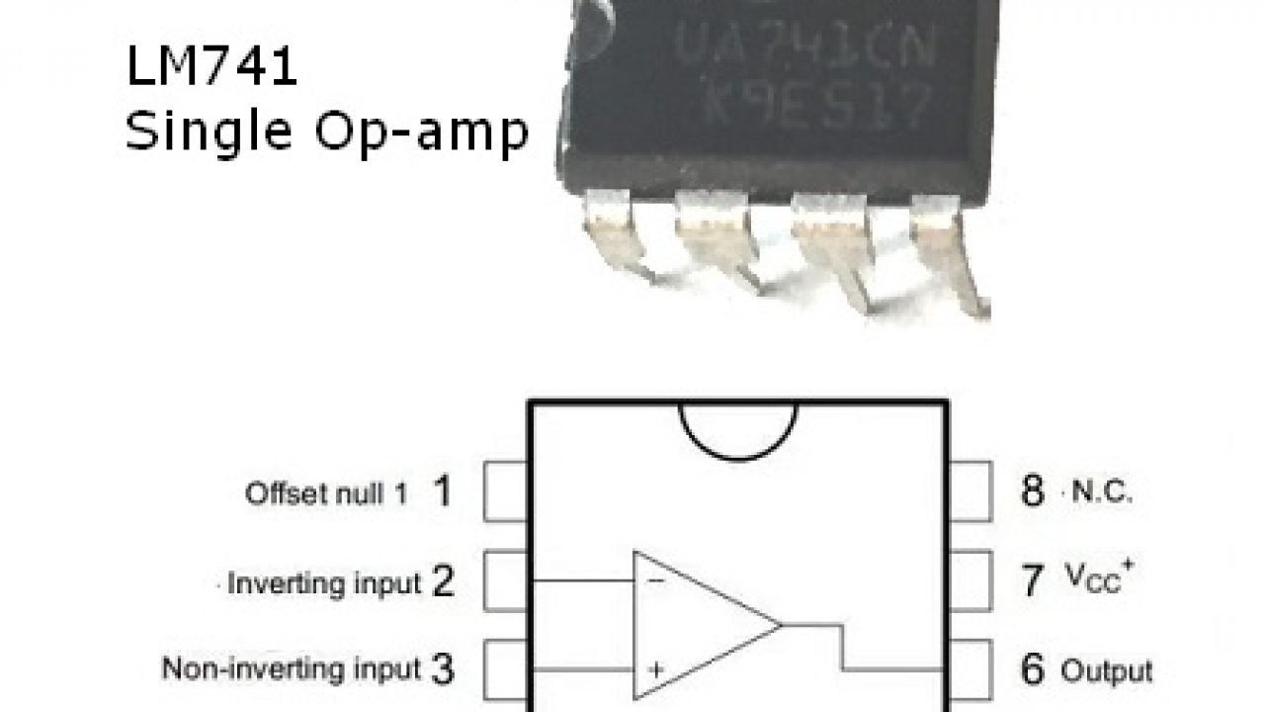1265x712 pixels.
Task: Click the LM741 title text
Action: pos(211,70)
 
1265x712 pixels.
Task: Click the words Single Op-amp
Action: pos(326,132)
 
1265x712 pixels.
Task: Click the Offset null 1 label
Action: pos(325,494)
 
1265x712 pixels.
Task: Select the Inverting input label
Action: pos(324,583)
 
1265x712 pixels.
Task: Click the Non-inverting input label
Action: pos(292,669)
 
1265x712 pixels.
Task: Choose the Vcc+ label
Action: pos(1097,579)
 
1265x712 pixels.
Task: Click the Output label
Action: pos(1106,671)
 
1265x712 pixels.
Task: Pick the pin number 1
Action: pos(442,491)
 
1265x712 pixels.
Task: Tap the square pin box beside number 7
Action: pos(970,581)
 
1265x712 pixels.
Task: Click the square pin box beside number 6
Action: pos(970,669)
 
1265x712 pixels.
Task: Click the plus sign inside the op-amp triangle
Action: pos(654,668)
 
